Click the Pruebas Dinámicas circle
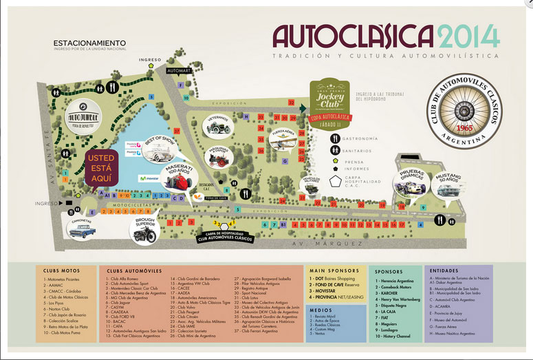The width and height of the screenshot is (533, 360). point(412,180)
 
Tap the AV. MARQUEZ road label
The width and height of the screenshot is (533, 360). point(334,244)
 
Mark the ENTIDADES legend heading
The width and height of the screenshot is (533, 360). point(443,271)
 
